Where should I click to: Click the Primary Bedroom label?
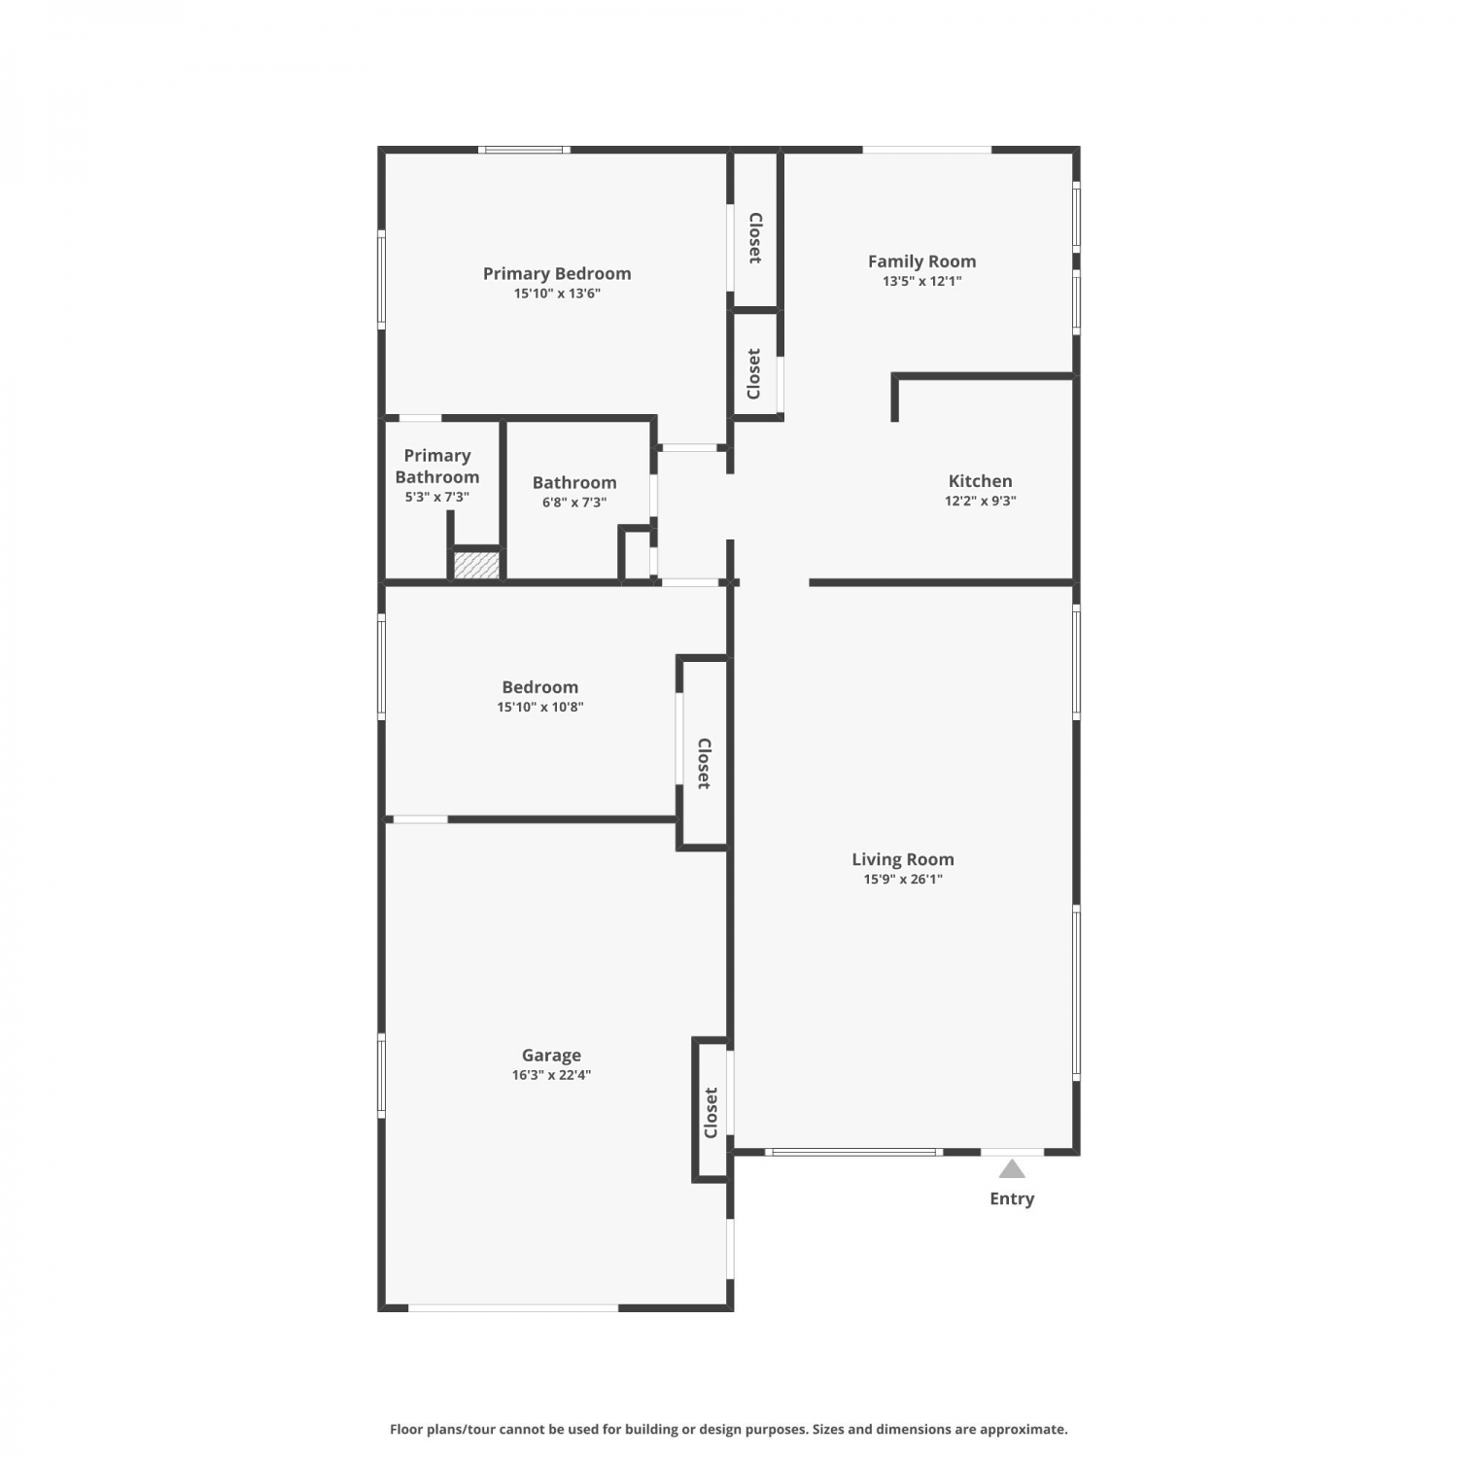click(x=557, y=273)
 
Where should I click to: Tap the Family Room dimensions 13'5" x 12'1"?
click(x=922, y=281)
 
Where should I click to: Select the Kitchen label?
click(x=981, y=481)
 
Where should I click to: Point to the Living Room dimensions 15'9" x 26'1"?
click(x=903, y=880)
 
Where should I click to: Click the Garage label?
click(x=551, y=1056)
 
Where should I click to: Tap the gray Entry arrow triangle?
click(x=1012, y=1168)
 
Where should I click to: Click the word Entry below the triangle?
click(x=1012, y=1198)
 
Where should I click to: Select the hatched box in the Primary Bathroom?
click(x=477, y=566)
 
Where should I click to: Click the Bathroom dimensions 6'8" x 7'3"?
click(x=574, y=503)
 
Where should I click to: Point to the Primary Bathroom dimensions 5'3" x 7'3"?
click(x=437, y=497)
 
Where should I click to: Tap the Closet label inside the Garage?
click(x=711, y=1113)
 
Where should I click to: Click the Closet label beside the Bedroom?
click(x=704, y=763)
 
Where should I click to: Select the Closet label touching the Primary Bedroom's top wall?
click(x=754, y=238)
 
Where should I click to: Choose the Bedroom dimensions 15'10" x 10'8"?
click(x=540, y=708)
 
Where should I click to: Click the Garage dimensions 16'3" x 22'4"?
click(x=551, y=1075)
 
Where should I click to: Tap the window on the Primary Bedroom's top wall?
click(x=524, y=150)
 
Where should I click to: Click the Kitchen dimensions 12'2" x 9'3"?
click(x=981, y=502)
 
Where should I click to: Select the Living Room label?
click(x=903, y=859)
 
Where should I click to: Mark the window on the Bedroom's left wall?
click(x=382, y=667)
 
